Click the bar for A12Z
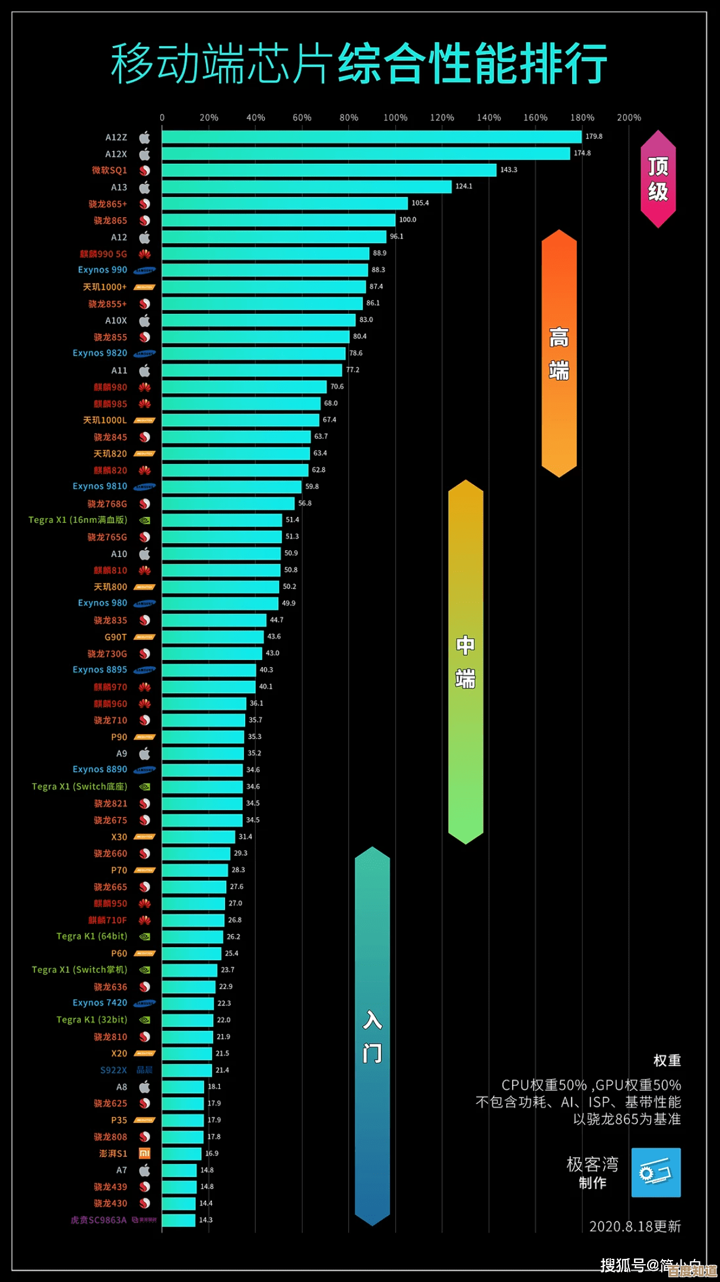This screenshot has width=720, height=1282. [372, 137]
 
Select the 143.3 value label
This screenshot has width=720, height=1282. [509, 170]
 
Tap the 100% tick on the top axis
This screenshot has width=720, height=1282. [395, 118]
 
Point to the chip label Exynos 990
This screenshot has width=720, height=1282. [103, 270]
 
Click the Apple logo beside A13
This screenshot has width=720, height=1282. [145, 188]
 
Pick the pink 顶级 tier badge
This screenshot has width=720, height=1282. [658, 179]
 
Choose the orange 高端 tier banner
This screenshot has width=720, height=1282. [559, 354]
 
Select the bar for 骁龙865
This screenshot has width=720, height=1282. [278, 220]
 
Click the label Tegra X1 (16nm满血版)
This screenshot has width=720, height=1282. [78, 520]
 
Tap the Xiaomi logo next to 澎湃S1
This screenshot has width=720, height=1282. [144, 1153]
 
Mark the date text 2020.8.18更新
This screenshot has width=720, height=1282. [635, 1226]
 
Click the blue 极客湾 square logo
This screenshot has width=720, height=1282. [656, 1173]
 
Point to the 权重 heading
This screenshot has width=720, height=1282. [667, 1061]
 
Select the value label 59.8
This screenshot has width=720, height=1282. [312, 487]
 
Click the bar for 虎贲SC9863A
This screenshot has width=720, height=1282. [179, 1220]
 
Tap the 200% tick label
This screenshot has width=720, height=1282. [629, 118]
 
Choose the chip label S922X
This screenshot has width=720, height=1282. [113, 1070]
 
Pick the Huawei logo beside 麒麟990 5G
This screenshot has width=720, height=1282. [145, 254]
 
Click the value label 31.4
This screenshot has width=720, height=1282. [245, 837]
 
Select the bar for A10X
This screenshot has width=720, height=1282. [259, 320]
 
